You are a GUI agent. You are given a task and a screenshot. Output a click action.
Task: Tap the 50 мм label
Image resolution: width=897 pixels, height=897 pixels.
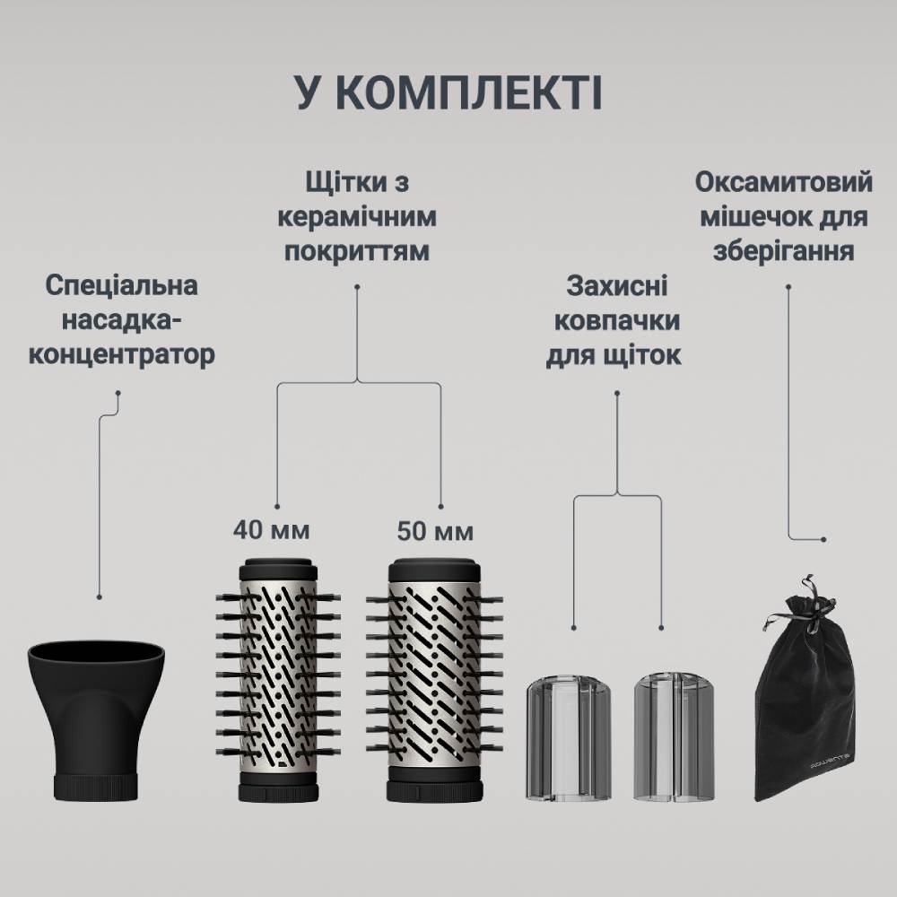click(x=435, y=531)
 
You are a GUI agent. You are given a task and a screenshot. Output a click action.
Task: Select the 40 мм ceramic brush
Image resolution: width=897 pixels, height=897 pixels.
click(x=278, y=682)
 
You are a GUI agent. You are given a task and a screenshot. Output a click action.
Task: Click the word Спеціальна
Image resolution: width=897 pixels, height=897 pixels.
click(x=121, y=287)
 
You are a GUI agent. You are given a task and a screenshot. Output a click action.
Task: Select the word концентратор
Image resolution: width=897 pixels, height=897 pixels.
click(x=122, y=354)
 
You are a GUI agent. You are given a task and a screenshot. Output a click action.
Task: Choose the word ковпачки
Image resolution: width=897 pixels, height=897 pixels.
click(x=615, y=321)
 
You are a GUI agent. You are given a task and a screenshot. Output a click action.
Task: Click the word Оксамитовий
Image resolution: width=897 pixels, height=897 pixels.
click(x=783, y=182)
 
